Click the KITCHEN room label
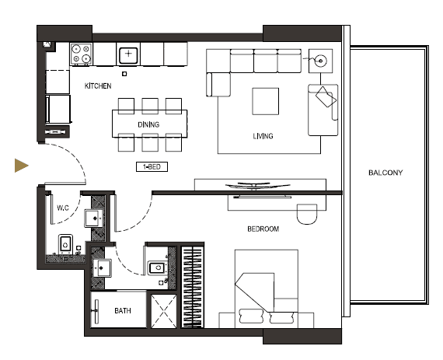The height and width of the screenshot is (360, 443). [x=98, y=86]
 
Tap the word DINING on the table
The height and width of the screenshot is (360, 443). [x=148, y=124]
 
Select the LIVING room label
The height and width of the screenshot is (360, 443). [x=263, y=136]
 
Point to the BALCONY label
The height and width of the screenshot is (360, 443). [x=385, y=173]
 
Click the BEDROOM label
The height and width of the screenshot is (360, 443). [x=263, y=229]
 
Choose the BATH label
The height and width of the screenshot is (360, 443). [x=123, y=311]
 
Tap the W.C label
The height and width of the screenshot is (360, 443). [x=63, y=208]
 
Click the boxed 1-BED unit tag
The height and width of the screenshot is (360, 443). [x=152, y=166]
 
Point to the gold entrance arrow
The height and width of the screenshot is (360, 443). [x=22, y=166]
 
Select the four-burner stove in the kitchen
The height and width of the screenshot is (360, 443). [x=81, y=54]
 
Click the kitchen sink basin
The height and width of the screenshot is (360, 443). [x=128, y=55]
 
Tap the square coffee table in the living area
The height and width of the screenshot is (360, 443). [x=266, y=101]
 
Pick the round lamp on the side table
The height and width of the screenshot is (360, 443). [x=321, y=61]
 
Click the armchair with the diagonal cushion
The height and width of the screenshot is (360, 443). [x=323, y=110]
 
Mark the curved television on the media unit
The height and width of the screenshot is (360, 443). [x=258, y=185]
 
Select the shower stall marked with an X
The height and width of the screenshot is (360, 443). [x=164, y=311]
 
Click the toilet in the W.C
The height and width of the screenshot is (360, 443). [x=65, y=244]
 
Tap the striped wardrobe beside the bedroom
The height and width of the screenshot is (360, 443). [x=192, y=287]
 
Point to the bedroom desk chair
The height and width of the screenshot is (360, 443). [x=307, y=214]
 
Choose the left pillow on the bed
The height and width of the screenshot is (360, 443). [x=251, y=316]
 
